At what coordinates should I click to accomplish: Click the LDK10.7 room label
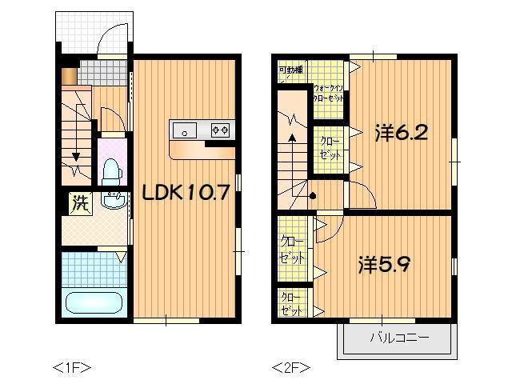186,192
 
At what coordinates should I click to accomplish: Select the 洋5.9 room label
385,263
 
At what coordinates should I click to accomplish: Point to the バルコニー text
398,338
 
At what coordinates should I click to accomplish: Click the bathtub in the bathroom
93,303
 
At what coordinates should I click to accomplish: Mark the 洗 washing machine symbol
78,202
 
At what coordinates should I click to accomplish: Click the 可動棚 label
290,70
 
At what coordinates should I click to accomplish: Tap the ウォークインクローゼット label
329,92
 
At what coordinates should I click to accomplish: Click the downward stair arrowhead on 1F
77,158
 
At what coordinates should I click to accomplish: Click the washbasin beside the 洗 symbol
114,201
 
